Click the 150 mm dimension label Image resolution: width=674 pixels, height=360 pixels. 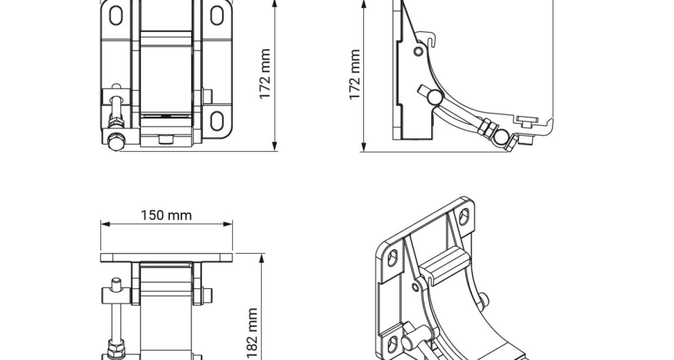click(166, 215)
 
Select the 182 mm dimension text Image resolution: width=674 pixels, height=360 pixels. click(252, 334)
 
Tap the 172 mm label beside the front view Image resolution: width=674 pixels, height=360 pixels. click(265, 74)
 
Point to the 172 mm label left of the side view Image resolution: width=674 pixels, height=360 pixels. click(354, 75)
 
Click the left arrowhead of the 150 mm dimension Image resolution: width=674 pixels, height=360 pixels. click(105, 224)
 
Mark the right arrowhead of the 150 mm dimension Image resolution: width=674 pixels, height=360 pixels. click(228, 224)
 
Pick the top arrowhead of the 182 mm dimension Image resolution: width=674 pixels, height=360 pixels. click(262, 258)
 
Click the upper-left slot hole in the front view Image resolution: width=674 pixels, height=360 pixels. click(116, 15)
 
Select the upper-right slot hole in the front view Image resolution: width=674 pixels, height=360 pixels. click(217, 15)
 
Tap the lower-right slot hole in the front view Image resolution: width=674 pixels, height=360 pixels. click(217, 121)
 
